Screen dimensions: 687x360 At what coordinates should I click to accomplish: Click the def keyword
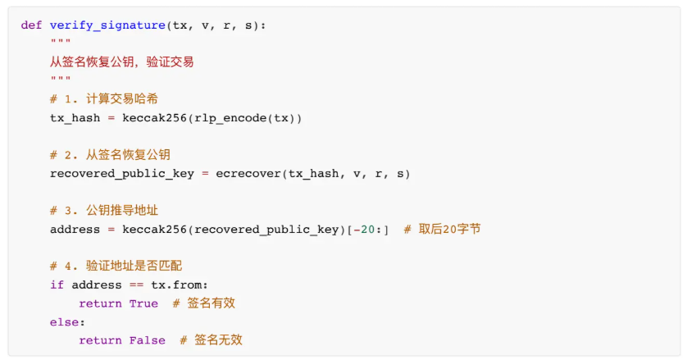coord(31,25)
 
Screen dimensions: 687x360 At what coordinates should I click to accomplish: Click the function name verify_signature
coord(107,25)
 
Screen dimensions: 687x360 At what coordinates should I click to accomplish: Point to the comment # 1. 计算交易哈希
coord(103,99)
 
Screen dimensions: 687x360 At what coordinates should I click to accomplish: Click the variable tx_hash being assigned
coord(75,118)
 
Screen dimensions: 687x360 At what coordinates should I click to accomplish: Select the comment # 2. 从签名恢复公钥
coord(110,155)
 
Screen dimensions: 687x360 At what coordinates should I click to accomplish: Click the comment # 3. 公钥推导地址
coord(103,211)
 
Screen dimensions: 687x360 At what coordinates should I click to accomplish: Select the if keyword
coord(57,285)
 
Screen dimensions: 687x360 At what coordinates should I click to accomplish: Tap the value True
coord(143,303)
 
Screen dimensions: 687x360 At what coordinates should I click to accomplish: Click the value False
coord(147,340)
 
